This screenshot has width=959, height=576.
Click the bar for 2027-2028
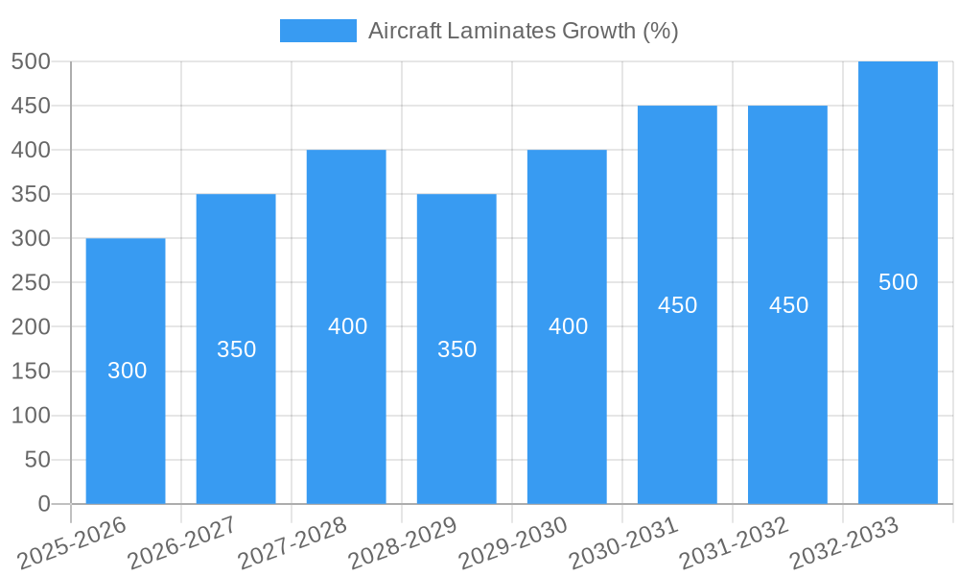(346, 403)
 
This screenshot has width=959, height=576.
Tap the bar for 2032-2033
(898, 384)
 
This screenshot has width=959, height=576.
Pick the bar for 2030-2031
(677, 403)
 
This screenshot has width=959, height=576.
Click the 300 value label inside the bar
(127, 371)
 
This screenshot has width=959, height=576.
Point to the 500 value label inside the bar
(898, 282)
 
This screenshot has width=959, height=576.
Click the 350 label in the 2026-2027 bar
(236, 349)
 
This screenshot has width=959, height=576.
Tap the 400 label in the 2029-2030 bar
(568, 326)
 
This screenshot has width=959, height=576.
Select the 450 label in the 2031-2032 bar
(788, 305)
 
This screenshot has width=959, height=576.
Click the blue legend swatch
(317, 31)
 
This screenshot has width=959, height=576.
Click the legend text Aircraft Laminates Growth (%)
(523, 31)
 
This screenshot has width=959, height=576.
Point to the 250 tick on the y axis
(31, 283)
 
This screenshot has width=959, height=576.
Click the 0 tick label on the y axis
(43, 504)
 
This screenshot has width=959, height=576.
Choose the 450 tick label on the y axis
(31, 106)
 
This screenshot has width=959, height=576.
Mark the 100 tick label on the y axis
(31, 416)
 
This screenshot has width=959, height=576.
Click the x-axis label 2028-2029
(403, 543)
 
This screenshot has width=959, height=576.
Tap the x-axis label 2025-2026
(72, 543)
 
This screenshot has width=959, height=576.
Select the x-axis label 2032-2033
(844, 543)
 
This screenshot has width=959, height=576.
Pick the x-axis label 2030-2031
(623, 543)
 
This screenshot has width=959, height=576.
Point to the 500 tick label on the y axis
(31, 61)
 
